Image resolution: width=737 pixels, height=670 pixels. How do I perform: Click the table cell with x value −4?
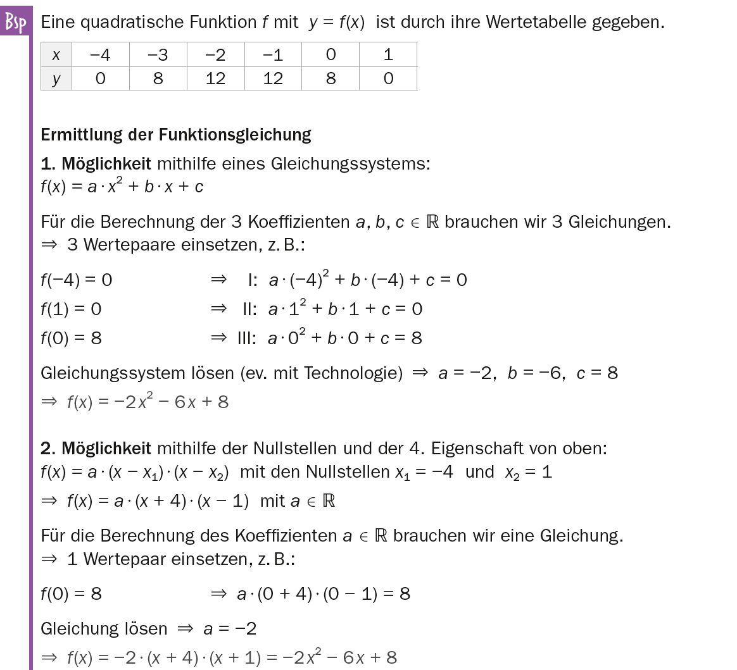[100, 55]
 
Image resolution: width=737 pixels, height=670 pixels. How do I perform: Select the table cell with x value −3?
[158, 55]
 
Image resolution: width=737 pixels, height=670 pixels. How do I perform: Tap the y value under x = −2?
[215, 78]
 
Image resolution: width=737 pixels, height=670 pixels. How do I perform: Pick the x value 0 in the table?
[331, 55]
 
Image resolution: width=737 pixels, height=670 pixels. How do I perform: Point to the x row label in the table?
[56, 55]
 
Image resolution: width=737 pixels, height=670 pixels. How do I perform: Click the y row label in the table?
[56, 79]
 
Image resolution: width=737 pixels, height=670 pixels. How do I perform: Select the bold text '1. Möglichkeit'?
[96, 164]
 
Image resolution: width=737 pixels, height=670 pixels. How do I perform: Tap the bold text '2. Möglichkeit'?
[96, 449]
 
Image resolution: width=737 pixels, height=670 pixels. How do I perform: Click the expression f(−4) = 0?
[76, 280]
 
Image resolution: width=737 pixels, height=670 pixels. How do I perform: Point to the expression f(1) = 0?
[71, 309]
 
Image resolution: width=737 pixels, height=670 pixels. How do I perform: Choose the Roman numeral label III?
[246, 338]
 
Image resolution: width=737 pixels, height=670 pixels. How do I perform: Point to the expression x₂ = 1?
[529, 472]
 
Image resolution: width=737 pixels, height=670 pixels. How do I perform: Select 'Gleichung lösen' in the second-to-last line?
[104, 628]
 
